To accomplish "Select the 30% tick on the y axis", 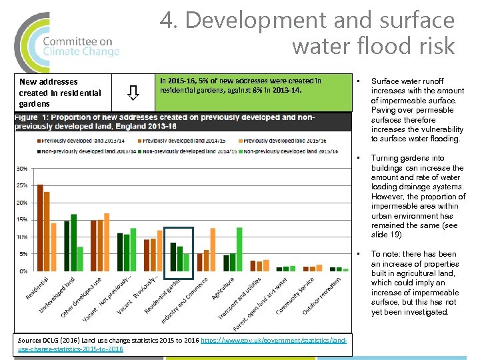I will (22, 168).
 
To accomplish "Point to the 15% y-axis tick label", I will (22, 219).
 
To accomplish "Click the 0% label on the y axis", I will (23, 271).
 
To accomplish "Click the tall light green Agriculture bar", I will (239, 249).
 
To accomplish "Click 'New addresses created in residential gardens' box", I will (60, 92).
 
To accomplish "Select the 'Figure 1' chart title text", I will (167, 121).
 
